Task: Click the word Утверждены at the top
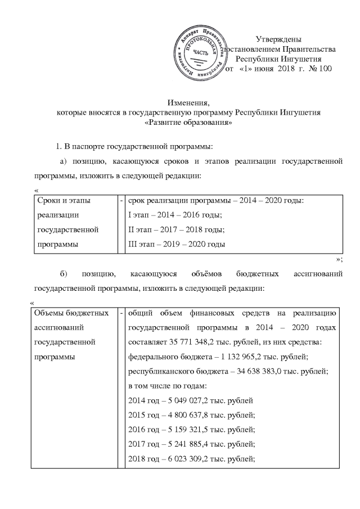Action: tap(278, 39)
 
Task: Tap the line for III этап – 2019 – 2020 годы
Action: tap(177, 245)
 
